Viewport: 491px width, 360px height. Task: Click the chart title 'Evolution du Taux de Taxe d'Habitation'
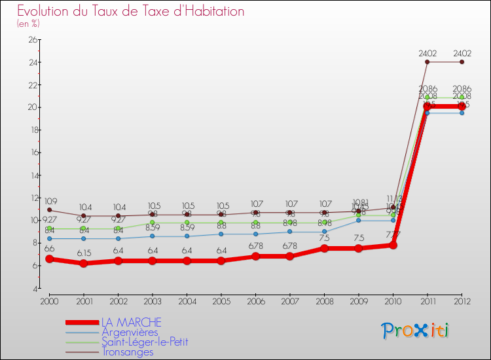coord(131,12)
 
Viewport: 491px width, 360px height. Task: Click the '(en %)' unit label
coord(28,24)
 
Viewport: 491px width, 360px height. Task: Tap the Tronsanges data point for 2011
coord(427,62)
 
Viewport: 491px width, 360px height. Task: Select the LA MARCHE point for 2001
coord(83,263)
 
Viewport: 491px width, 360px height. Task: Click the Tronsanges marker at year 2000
coord(49,210)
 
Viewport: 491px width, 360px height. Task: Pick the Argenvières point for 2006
coord(255,234)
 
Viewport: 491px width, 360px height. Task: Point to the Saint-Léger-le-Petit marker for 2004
coord(187,223)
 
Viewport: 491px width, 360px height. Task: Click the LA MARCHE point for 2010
coord(393,245)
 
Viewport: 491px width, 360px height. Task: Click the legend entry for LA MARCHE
coord(130,323)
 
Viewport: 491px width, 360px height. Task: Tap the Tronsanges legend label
coord(127,351)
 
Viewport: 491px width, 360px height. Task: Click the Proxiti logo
coord(416,331)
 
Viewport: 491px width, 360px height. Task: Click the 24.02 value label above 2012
coord(462,54)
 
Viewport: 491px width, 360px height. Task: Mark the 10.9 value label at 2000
coord(49,201)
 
